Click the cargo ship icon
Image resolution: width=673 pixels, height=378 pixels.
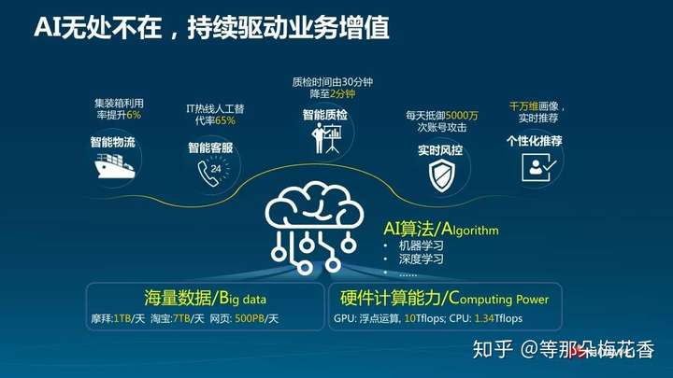[x=115, y=166]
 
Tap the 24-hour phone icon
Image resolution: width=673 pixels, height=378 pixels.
[x=213, y=172]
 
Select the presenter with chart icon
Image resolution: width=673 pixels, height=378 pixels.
[x=326, y=138]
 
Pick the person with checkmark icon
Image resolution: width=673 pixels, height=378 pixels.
[x=539, y=167]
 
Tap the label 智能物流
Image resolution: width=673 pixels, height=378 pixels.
[x=113, y=142]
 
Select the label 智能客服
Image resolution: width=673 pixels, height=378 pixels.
[x=210, y=147]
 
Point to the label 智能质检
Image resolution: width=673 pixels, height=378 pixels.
[x=325, y=115]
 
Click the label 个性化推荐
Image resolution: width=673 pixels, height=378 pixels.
[x=535, y=141]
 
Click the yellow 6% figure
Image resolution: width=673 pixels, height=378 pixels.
[x=134, y=115]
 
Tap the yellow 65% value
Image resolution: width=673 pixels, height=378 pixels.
[x=225, y=120]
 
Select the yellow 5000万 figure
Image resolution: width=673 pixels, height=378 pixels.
[x=462, y=116]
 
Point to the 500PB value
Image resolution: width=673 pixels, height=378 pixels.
[x=250, y=318]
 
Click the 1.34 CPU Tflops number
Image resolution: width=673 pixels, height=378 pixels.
[x=484, y=318]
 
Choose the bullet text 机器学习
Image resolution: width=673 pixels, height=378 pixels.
[x=421, y=245]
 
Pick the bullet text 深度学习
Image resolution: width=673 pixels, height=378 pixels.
[x=421, y=259]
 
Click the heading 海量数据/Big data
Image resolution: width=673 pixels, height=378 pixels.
[x=205, y=298]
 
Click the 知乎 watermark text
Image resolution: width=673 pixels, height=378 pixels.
[x=493, y=349]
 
